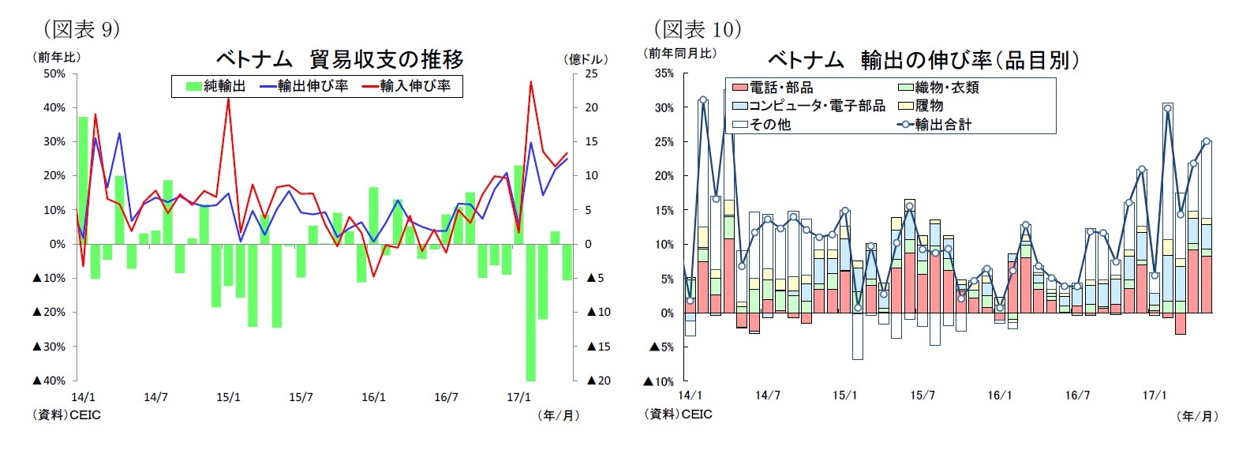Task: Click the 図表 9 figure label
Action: click(x=80, y=29)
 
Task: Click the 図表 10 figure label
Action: click(x=698, y=29)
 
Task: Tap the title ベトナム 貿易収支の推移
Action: click(x=339, y=59)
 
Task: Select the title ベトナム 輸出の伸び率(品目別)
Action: click(x=923, y=60)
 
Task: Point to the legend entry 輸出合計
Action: click(x=936, y=124)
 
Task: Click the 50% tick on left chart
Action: click(x=54, y=73)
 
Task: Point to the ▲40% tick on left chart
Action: click(x=49, y=381)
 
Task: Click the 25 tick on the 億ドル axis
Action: click(x=591, y=73)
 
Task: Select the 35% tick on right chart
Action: click(x=664, y=73)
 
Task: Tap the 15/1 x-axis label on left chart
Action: click(x=228, y=397)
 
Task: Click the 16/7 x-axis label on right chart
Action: click(x=1077, y=395)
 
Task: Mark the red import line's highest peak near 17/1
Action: click(x=530, y=82)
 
